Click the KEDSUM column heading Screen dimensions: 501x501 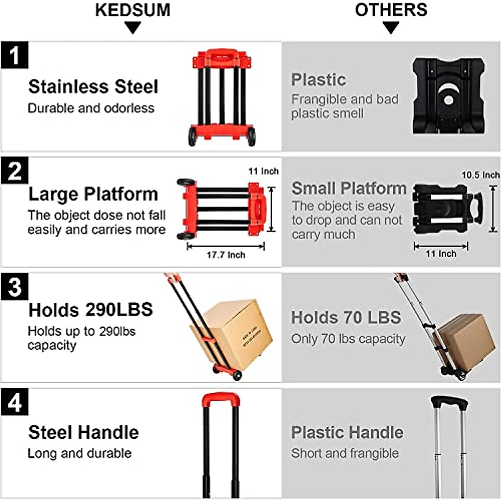133,10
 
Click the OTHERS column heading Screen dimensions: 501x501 391,10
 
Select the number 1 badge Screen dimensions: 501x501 15,55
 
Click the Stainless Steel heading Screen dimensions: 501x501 93,87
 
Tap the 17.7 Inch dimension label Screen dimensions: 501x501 225,255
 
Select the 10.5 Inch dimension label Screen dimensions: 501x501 481,175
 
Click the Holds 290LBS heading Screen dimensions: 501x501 91,310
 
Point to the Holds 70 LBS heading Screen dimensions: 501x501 346,317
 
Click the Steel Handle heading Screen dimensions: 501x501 83,433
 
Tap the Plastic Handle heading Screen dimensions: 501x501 347,433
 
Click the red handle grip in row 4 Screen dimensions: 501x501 220,400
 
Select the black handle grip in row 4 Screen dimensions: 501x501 449,403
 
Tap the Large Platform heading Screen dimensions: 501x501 93,194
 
